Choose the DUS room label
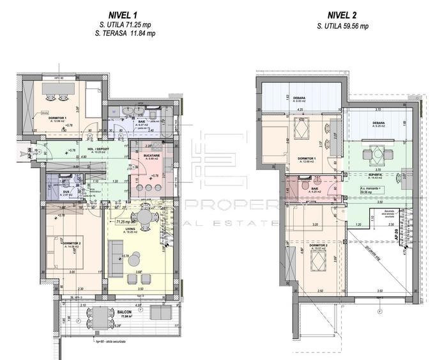pyautogui.click(x=55, y=190)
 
